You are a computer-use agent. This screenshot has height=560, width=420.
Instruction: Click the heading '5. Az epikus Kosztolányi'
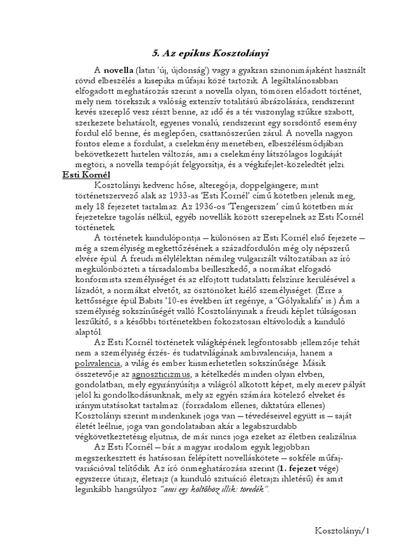[210, 53]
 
